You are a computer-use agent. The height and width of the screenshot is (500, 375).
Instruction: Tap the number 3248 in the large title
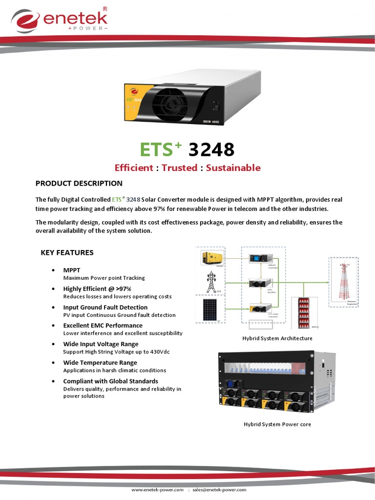[211, 149]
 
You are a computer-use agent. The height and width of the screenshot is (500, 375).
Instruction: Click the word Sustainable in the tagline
[233, 168]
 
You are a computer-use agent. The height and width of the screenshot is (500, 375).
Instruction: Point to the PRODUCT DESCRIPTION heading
[79, 184]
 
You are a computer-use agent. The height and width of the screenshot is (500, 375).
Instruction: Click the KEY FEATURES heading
[66, 252]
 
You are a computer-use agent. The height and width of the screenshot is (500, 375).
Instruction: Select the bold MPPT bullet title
[72, 270]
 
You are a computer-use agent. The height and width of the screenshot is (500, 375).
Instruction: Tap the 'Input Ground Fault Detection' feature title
[105, 307]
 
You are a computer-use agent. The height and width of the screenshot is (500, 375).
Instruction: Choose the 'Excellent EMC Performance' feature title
[103, 325]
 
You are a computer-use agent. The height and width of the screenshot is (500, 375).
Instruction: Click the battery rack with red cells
[304, 312]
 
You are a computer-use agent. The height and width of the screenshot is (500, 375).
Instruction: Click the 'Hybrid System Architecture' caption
[277, 338]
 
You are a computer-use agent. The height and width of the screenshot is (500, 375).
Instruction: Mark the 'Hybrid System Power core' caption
[277, 424]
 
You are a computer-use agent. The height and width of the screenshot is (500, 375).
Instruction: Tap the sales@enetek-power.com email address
[219, 489]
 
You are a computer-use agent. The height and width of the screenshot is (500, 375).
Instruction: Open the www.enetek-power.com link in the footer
[157, 489]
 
